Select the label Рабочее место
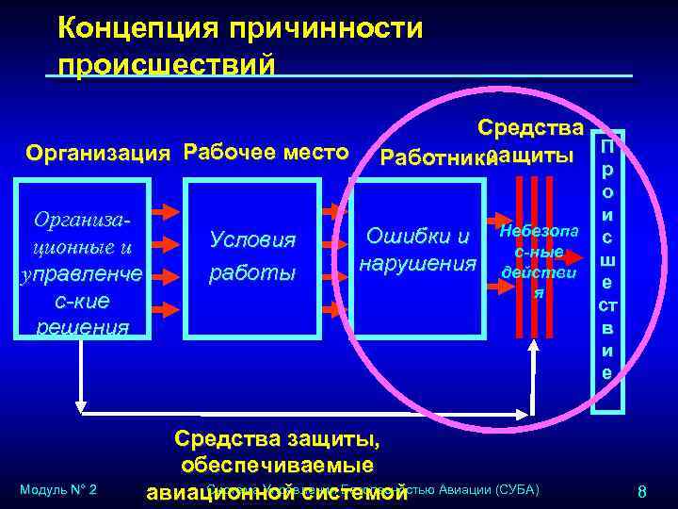(x=266, y=151)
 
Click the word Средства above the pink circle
(x=531, y=127)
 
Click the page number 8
(x=641, y=490)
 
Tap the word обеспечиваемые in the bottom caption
(x=275, y=466)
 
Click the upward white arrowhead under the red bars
(x=534, y=345)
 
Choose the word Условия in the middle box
(x=252, y=240)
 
